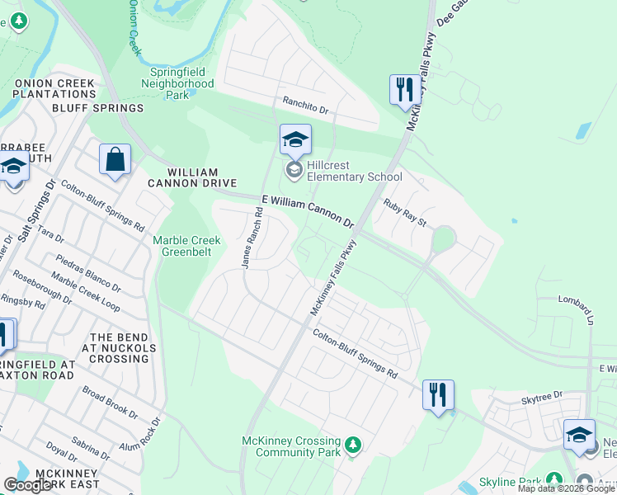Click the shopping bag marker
click(x=115, y=159)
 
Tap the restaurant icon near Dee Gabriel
click(x=404, y=89)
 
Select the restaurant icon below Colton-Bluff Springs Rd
click(x=438, y=394)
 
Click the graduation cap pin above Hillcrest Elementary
click(x=294, y=139)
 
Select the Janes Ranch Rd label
click(x=252, y=237)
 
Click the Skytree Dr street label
click(x=541, y=398)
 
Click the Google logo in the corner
click(x=28, y=485)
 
